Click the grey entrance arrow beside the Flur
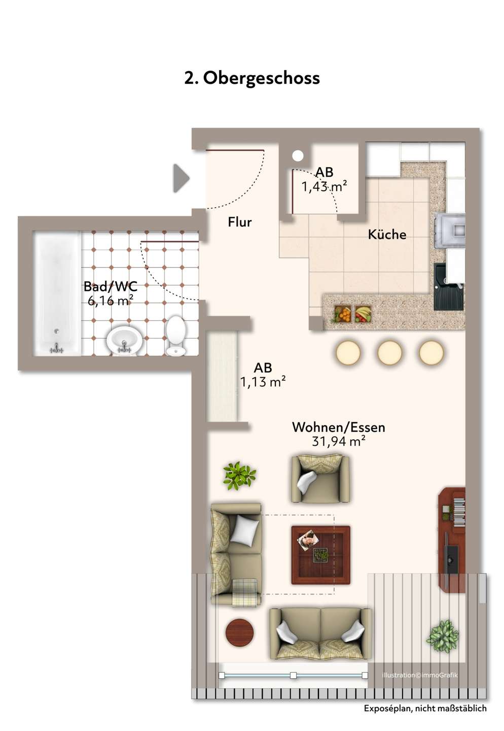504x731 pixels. pyautogui.click(x=181, y=178)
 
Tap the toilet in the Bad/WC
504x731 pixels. pyautogui.click(x=175, y=335)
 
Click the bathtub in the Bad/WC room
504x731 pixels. pyautogui.click(x=57, y=293)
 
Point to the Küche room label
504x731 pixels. pyautogui.click(x=387, y=235)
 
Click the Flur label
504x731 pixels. pyautogui.click(x=240, y=222)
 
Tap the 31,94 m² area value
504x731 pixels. pyautogui.click(x=338, y=441)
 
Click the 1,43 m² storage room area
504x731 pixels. pyautogui.click(x=323, y=187)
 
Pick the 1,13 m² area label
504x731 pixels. pyautogui.click(x=263, y=382)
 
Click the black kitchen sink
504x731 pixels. pyautogui.click(x=448, y=286)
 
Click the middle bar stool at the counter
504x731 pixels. pyautogui.click(x=389, y=352)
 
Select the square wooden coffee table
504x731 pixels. pyautogui.click(x=320, y=555)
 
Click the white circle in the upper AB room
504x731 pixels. pyautogui.click(x=298, y=156)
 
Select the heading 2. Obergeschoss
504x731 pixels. pyautogui.click(x=252, y=78)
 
